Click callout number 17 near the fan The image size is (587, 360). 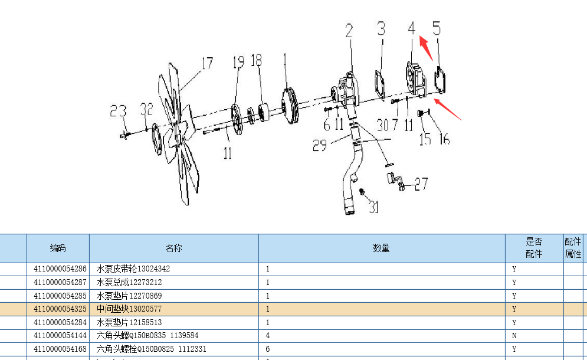[x=207, y=63]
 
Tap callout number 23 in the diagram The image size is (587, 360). [x=119, y=110]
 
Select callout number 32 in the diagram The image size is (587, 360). [x=147, y=109]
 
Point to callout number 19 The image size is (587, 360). [x=238, y=61]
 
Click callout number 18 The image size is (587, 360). [x=256, y=60]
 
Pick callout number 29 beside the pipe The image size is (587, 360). [x=320, y=145]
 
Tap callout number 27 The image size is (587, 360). [x=421, y=184]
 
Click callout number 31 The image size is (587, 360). [x=374, y=207]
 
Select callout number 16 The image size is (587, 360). [x=444, y=138]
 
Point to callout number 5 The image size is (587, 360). [x=437, y=28]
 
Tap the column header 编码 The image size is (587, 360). [x=58, y=248]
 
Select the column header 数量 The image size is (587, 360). [x=382, y=248]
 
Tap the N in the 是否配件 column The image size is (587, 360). [x=514, y=336]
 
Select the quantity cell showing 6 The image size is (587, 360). [x=268, y=349]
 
